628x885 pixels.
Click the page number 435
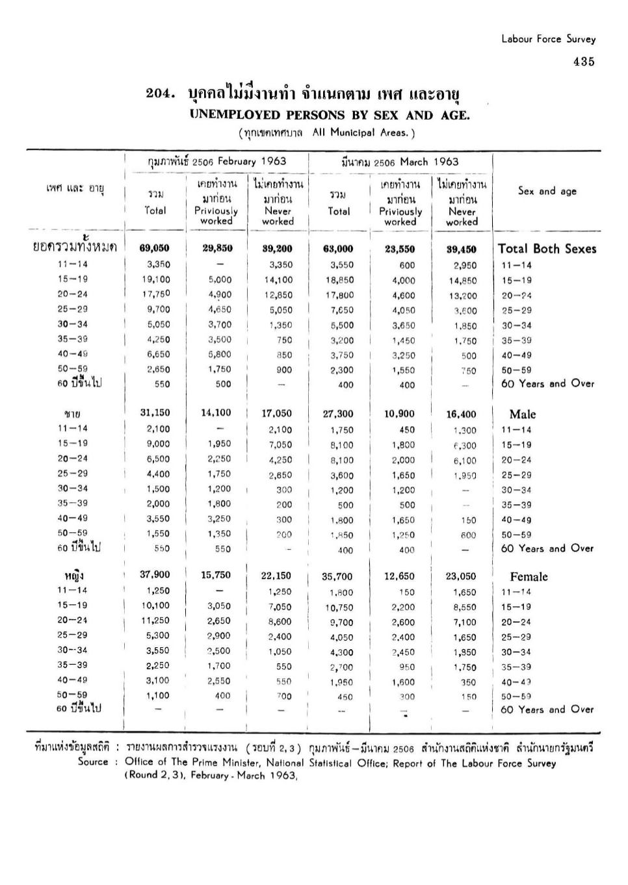583,62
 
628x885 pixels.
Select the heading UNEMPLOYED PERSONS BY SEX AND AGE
329,116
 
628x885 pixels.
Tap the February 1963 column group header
216,161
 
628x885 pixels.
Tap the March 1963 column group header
400,162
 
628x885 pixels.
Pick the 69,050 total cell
155,248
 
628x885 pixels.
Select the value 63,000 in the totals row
338,248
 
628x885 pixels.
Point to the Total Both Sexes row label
547,248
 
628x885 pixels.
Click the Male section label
523,414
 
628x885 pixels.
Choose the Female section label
529,576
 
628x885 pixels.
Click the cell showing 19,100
156,279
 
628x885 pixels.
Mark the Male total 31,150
155,413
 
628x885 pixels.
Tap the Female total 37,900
155,574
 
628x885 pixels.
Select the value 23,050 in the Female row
460,576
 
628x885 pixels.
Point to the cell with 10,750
339,608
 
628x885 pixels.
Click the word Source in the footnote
93,762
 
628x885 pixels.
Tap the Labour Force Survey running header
548,39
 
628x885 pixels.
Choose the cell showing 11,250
156,621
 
